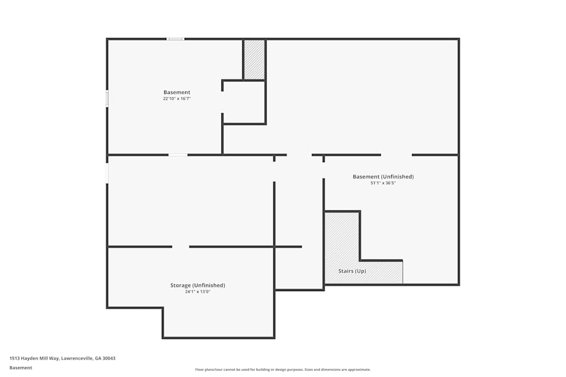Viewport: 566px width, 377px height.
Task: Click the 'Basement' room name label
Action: click(x=177, y=92)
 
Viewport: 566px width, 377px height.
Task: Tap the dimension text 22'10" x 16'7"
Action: click(x=177, y=98)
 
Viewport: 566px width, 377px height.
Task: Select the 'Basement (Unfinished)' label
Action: click(x=383, y=176)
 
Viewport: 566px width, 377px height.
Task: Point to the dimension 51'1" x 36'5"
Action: click(x=383, y=183)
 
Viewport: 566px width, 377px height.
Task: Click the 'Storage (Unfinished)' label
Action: click(x=198, y=285)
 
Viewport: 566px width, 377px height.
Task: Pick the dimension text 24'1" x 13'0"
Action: click(x=198, y=292)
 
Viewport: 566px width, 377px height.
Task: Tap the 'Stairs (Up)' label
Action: click(x=352, y=271)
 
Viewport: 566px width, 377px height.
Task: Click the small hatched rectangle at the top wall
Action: click(x=255, y=59)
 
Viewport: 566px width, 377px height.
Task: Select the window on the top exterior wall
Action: click(x=175, y=39)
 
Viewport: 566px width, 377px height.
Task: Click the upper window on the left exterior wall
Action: click(x=107, y=98)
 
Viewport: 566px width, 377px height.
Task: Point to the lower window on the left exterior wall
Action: click(x=107, y=173)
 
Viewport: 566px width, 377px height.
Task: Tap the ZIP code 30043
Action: click(x=109, y=358)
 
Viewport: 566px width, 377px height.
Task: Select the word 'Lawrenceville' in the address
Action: click(x=77, y=358)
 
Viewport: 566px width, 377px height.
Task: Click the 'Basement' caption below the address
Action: click(x=20, y=367)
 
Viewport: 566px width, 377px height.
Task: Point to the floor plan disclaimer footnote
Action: click(x=282, y=370)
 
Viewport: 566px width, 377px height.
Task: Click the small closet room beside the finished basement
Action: click(x=244, y=102)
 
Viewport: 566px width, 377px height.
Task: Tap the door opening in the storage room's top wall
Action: click(x=181, y=247)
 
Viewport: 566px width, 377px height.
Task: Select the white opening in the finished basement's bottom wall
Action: click(x=178, y=155)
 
